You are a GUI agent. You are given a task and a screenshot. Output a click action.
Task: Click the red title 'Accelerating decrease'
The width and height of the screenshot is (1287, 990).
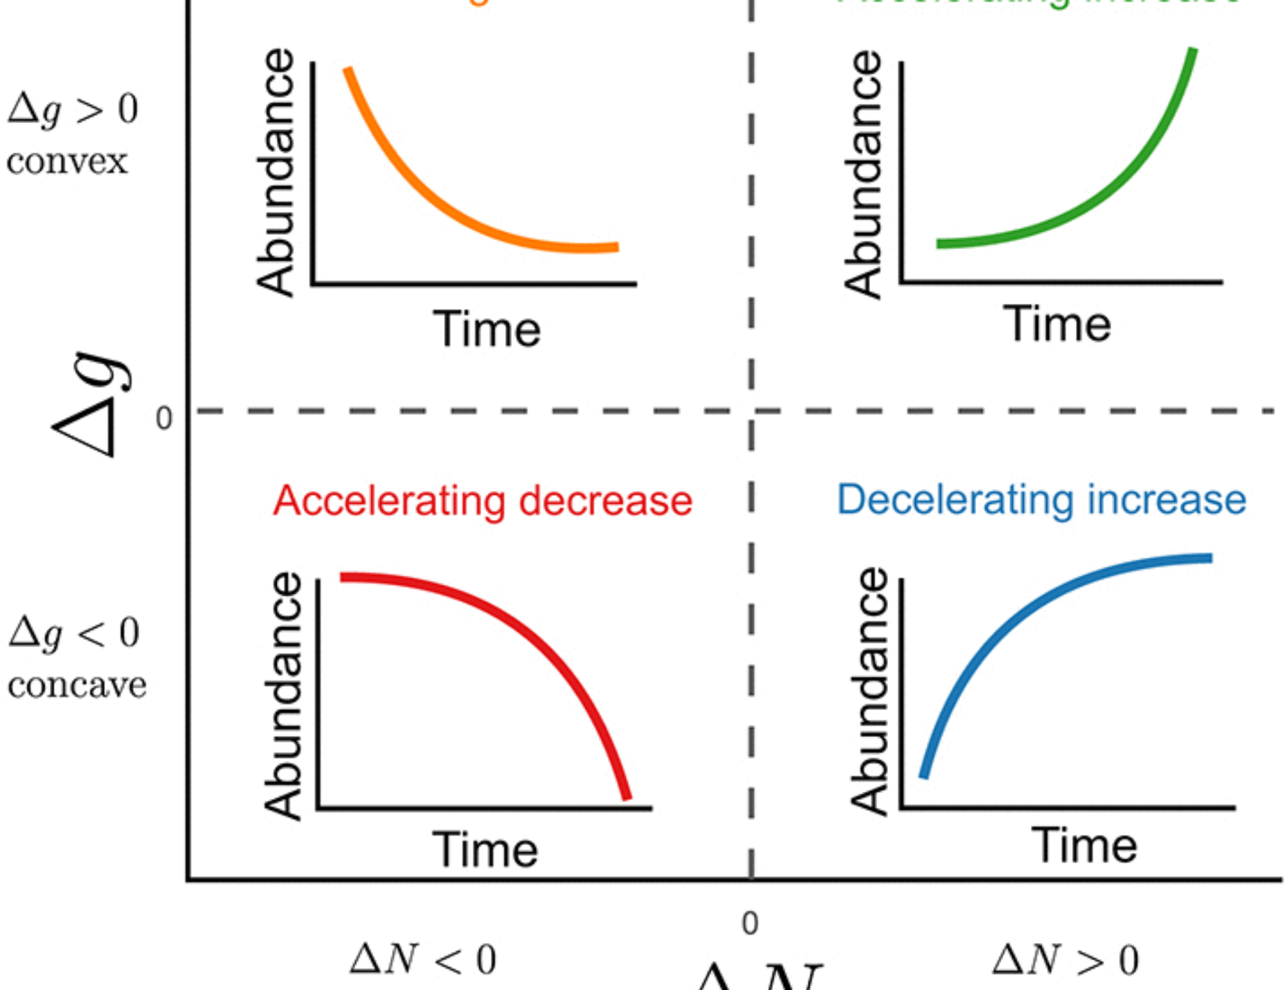(483, 501)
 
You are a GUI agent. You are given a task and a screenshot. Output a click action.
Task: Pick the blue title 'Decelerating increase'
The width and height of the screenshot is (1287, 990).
(1041, 500)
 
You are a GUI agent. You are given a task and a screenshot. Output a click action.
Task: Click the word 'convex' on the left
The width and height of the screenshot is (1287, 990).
(67, 161)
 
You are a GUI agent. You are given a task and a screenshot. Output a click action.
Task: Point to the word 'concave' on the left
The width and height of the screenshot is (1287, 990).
(77, 684)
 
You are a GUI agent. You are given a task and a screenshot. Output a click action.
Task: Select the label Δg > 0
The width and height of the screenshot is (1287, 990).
(73, 109)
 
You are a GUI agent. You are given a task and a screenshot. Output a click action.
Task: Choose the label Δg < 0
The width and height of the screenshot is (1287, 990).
(74, 632)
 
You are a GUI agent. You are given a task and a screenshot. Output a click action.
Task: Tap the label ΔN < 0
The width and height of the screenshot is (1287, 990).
(423, 960)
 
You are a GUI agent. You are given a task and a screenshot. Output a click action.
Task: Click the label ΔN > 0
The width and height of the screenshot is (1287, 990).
(1065, 960)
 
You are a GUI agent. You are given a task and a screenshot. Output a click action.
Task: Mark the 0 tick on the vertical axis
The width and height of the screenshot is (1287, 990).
(164, 418)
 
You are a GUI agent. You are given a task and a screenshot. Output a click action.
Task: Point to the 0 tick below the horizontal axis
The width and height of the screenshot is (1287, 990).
(750, 924)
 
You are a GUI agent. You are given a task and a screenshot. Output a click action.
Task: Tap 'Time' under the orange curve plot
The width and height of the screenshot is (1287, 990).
(486, 329)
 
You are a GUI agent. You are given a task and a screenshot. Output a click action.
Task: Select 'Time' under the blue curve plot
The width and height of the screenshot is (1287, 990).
(1085, 845)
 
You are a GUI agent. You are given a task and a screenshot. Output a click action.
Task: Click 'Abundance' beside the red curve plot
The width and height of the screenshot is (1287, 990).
(282, 695)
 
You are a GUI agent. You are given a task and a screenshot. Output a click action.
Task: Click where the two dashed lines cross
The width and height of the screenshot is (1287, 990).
(751, 411)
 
